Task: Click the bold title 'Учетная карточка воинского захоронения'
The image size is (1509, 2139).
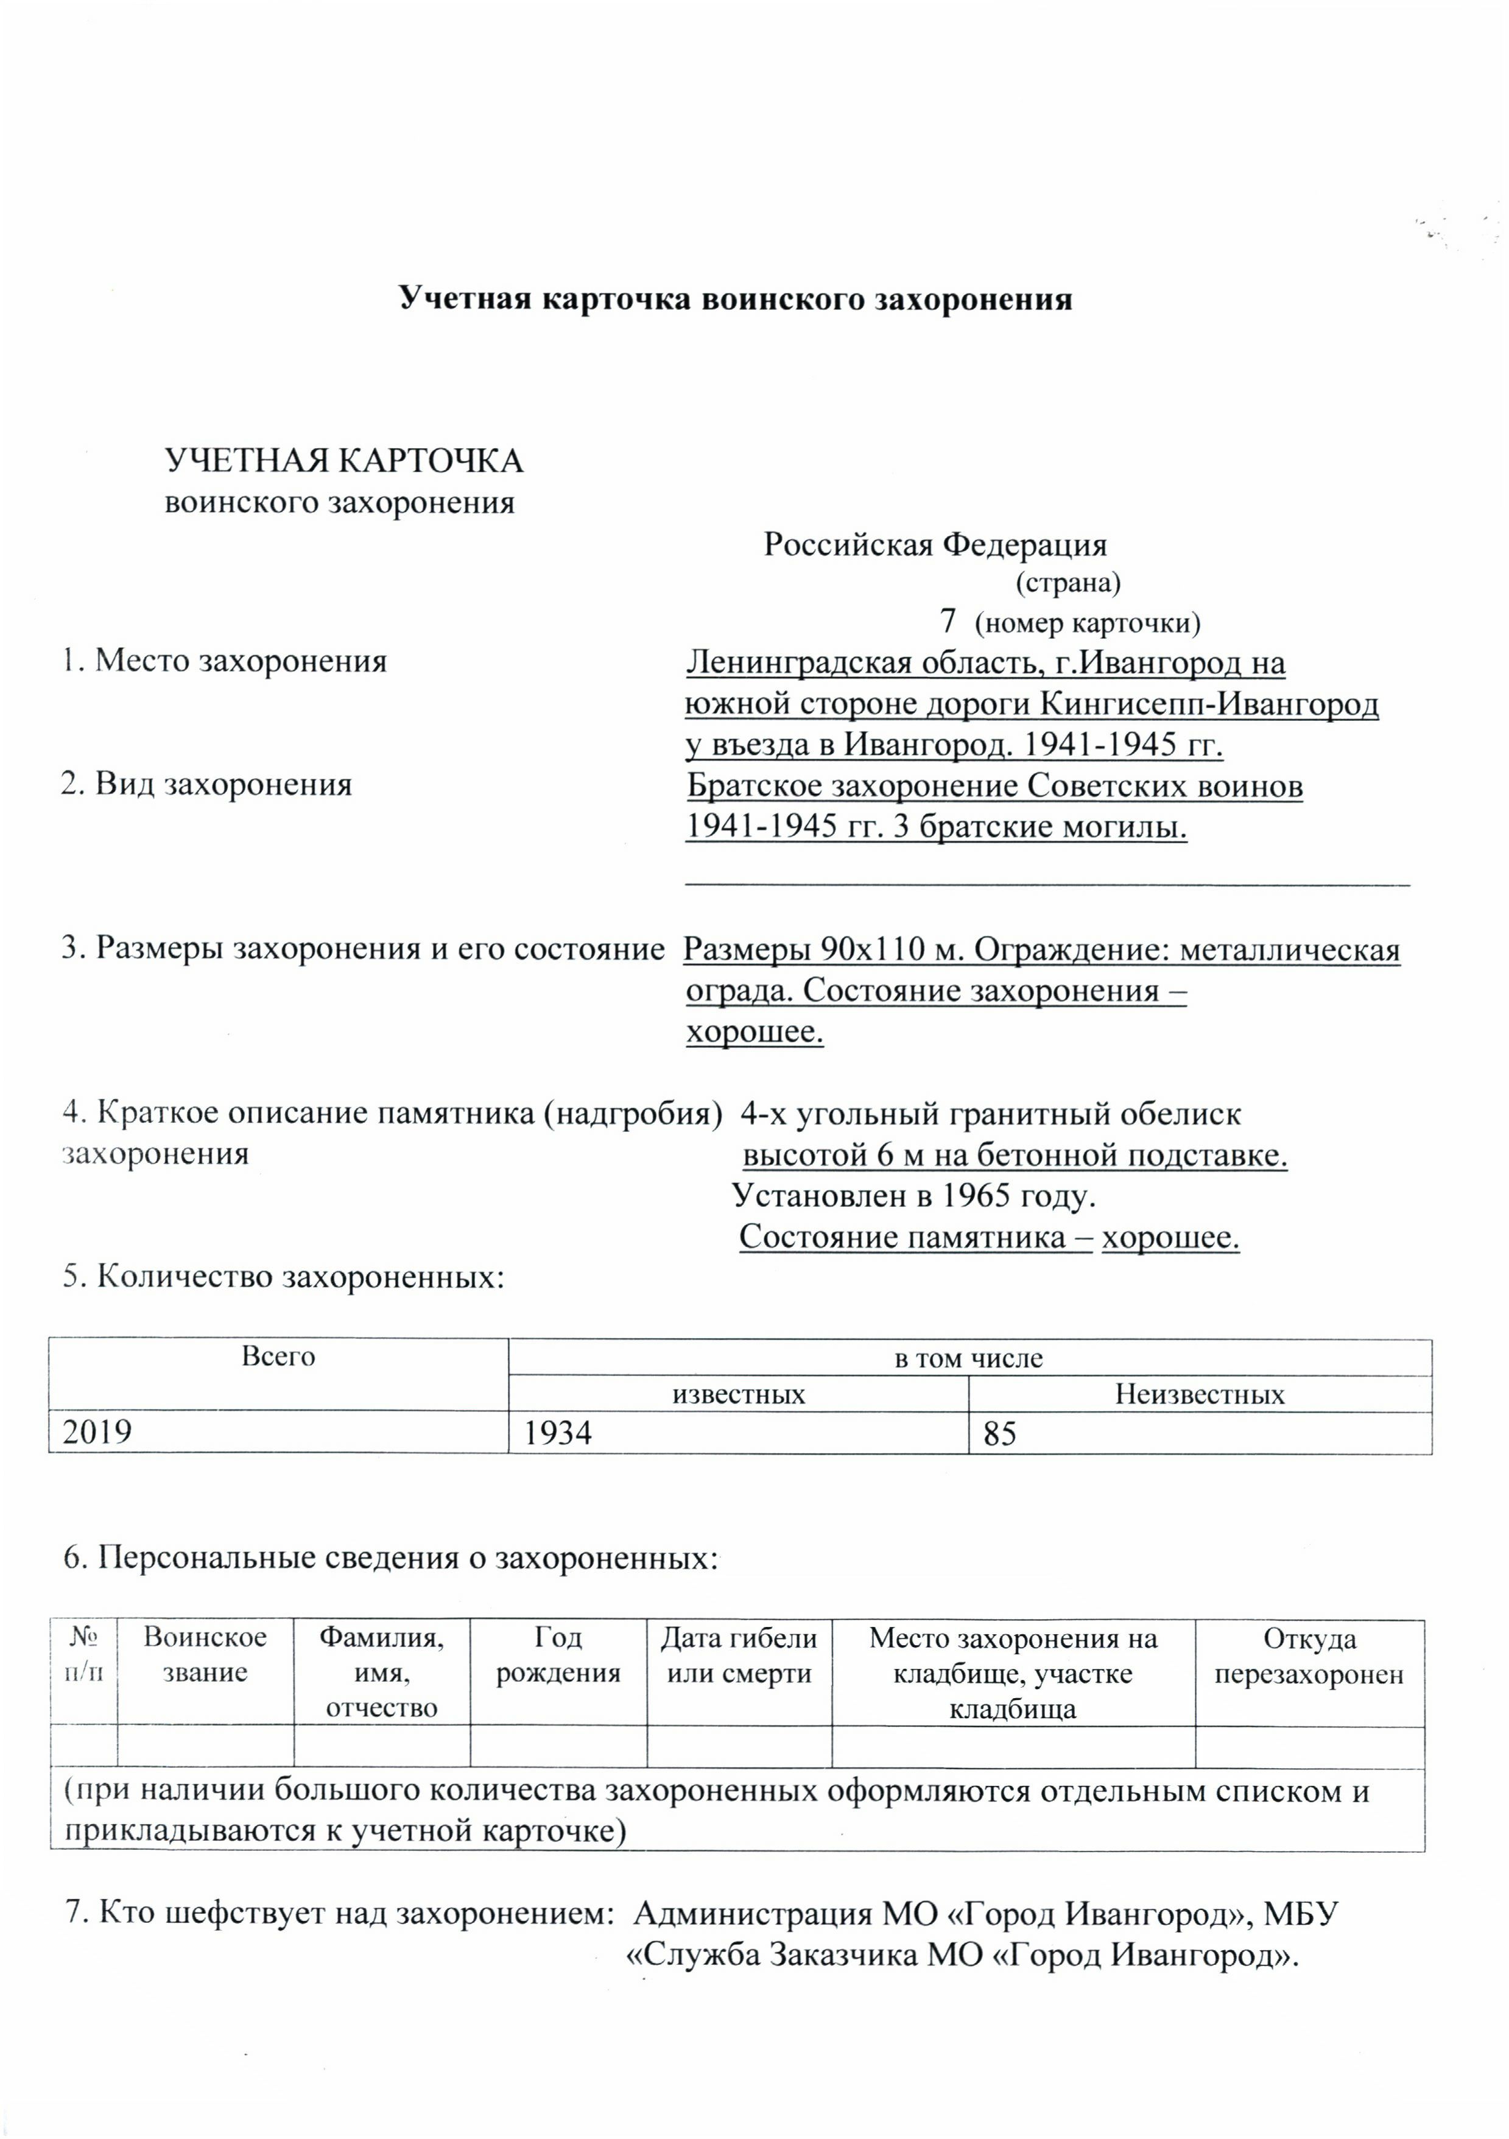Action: [x=735, y=299]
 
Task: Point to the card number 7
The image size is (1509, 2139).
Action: [x=948, y=620]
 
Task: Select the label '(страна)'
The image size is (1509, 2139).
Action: [x=1068, y=583]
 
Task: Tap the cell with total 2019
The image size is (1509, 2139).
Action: [x=97, y=1433]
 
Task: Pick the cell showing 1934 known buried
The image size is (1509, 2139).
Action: [x=558, y=1433]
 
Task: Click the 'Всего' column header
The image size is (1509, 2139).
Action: [x=278, y=1357]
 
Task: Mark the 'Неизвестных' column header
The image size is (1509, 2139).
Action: [x=1199, y=1394]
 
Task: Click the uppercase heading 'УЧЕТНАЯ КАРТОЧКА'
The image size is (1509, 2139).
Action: [x=343, y=461]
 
